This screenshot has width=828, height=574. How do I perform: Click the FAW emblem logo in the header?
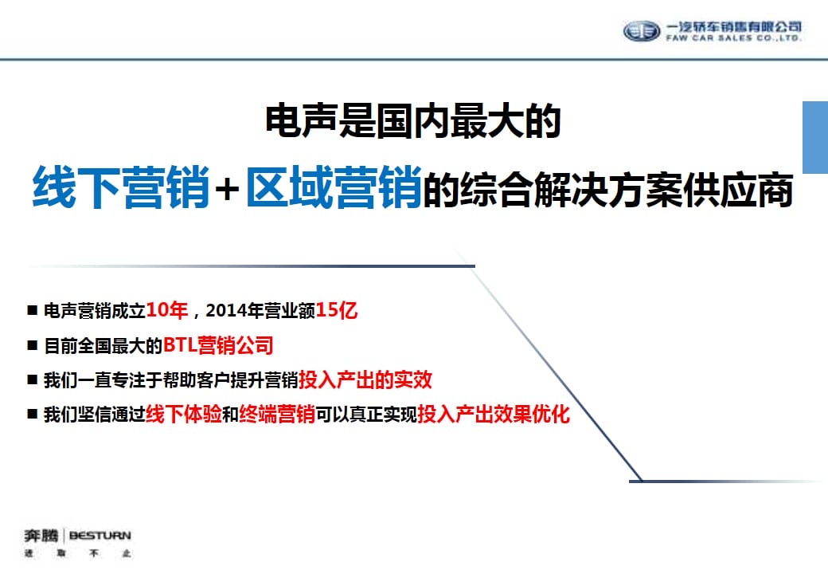(642, 31)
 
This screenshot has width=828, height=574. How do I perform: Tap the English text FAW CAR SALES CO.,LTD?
(734, 38)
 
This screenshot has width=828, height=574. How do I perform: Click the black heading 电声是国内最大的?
(413, 121)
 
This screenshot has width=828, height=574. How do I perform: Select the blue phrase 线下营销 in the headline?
(122, 187)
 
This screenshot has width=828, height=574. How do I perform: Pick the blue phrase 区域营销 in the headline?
(334, 187)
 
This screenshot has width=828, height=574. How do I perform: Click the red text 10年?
(167, 310)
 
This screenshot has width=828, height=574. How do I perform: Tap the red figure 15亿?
(337, 310)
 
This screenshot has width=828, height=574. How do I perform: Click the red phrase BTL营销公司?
(218, 345)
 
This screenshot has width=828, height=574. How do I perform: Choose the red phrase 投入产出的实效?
(365, 379)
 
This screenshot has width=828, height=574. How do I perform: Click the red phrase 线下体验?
(184, 414)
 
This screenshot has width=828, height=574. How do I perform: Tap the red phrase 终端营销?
(277, 414)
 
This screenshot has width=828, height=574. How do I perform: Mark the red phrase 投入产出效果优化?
(494, 414)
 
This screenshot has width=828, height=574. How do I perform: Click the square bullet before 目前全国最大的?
(32, 345)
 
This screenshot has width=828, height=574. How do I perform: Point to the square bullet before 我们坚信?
(32, 414)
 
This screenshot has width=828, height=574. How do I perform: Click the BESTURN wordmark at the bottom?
(100, 536)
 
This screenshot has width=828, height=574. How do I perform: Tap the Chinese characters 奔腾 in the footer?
(41, 536)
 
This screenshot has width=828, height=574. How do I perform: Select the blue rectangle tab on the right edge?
(815, 137)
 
